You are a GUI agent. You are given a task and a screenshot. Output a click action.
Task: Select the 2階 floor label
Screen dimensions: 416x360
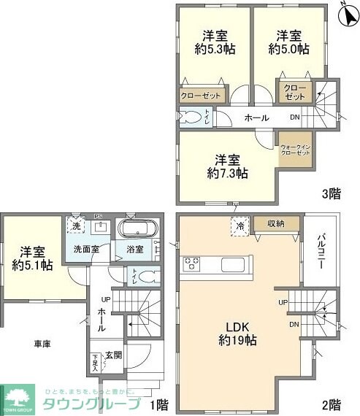[x=331, y=404]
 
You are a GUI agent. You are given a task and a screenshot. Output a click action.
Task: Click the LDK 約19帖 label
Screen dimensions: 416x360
[x=239, y=332]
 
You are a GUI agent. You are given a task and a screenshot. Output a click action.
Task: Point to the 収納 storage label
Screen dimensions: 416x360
[x=275, y=224]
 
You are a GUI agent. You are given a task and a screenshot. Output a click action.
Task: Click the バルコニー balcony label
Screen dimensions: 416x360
[x=321, y=251]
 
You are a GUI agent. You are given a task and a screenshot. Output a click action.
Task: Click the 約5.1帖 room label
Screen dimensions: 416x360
[x=32, y=258]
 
